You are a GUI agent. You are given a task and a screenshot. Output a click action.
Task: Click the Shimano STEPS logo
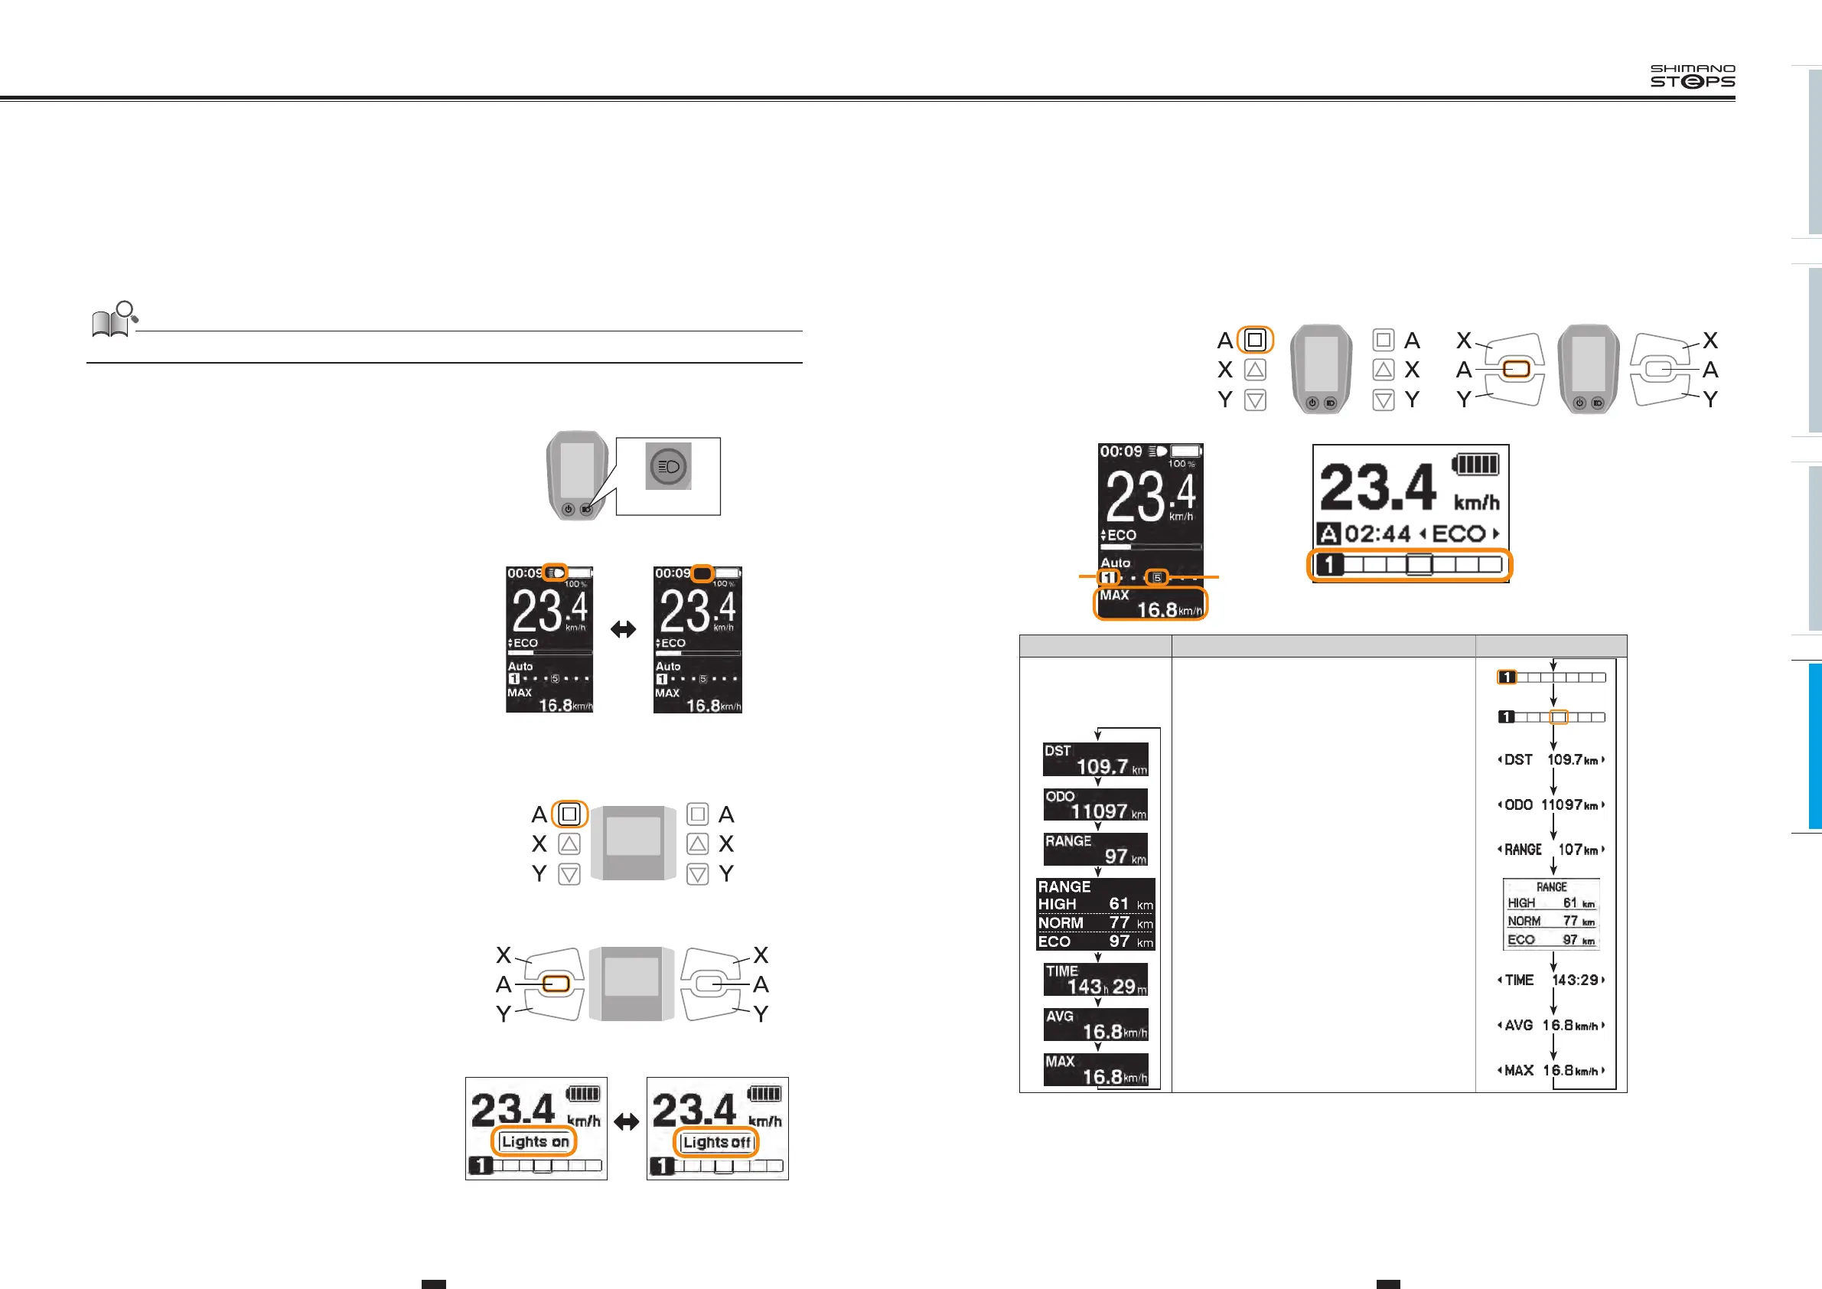(1692, 77)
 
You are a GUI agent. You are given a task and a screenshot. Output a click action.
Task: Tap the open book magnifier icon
(114, 320)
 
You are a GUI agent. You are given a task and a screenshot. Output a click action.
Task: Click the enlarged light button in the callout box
(668, 467)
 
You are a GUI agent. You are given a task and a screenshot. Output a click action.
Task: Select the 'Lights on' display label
(536, 1141)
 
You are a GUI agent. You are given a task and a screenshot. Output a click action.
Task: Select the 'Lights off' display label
(716, 1142)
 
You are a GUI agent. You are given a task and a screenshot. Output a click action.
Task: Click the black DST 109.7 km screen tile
(1095, 759)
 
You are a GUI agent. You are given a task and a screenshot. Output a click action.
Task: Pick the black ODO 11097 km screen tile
(1095, 804)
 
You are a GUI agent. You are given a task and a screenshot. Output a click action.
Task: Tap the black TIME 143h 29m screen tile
(1095, 980)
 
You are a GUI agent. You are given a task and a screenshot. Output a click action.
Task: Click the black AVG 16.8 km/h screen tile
(1095, 1025)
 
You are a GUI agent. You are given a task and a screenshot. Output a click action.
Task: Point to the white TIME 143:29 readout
(1551, 981)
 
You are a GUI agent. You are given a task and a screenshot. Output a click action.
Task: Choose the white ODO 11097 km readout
(1551, 804)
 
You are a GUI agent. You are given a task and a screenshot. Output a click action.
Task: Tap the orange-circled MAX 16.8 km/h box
(1150, 603)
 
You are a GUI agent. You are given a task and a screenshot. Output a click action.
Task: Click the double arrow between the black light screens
(623, 629)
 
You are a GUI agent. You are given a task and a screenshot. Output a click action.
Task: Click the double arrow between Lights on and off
(626, 1122)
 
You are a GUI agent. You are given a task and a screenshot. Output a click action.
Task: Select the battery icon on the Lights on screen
(582, 1094)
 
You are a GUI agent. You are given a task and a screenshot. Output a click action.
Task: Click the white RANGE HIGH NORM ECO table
(1550, 915)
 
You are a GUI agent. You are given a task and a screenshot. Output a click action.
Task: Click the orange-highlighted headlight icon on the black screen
(556, 573)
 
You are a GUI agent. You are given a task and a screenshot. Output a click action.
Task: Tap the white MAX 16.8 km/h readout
(1551, 1071)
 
